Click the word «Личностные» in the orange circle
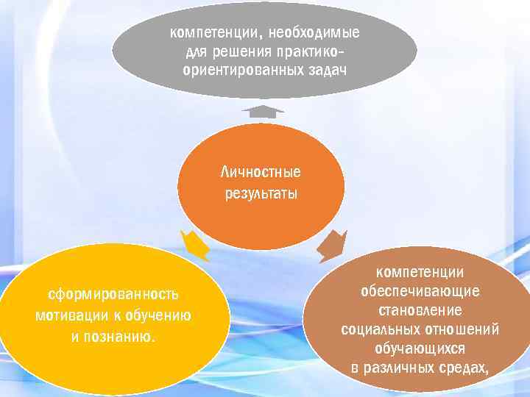[261, 172]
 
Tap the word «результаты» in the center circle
[261, 194]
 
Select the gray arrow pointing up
[263, 112]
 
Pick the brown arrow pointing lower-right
[332, 245]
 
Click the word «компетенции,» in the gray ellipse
[216, 33]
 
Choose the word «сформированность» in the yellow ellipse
[113, 295]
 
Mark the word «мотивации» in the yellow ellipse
[69, 316]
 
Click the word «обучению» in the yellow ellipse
[160, 316]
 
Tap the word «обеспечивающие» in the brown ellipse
[420, 290]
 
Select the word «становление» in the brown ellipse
[420, 310]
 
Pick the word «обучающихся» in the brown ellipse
[420, 348]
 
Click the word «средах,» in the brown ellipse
[462, 367]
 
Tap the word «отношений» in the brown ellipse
[461, 329]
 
